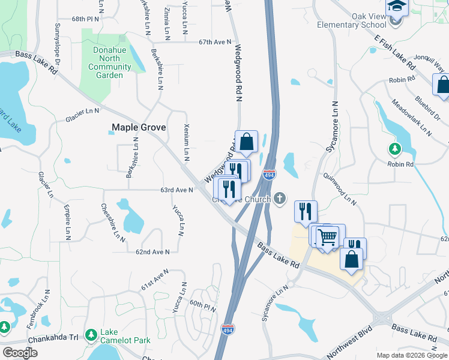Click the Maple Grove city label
tap(137, 127)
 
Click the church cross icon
tap(280, 197)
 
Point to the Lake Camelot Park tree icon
tap(91, 334)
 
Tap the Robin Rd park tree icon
tap(395, 148)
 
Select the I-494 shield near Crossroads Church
tap(269, 175)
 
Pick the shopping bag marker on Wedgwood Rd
tap(246, 142)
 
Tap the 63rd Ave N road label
tap(176, 190)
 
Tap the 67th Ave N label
tap(215, 42)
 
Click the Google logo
tap(20, 353)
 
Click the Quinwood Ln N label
tap(340, 190)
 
